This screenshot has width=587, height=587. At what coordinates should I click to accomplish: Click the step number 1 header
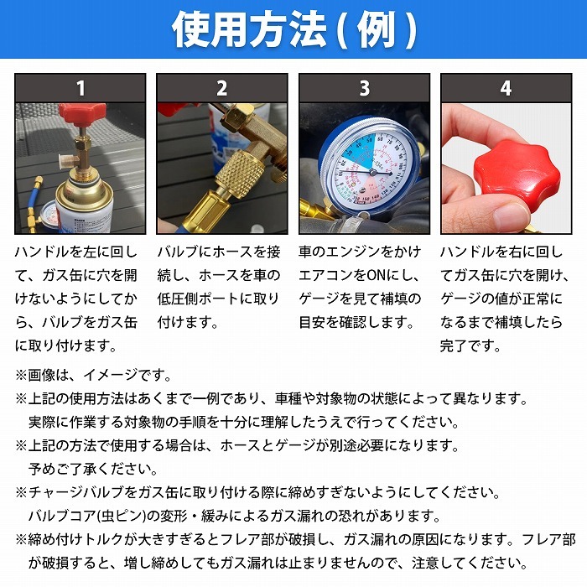pyautogui.click(x=81, y=88)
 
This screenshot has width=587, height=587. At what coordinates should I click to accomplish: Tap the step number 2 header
pyautogui.click(x=222, y=88)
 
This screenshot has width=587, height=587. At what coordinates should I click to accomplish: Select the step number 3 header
pyautogui.click(x=364, y=88)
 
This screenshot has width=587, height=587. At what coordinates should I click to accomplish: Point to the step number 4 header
pyautogui.click(x=506, y=88)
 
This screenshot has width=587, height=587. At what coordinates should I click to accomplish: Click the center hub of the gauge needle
pyautogui.click(x=373, y=172)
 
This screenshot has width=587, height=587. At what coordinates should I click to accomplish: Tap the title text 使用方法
pyautogui.click(x=248, y=29)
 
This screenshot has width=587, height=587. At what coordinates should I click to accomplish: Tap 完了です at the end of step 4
pyautogui.click(x=470, y=345)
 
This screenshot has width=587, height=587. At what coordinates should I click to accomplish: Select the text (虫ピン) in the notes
pyautogui.click(x=121, y=516)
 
